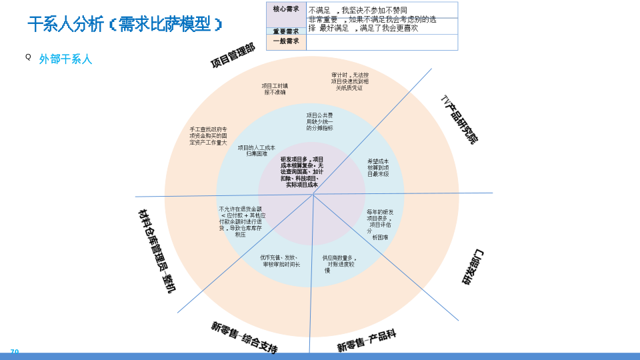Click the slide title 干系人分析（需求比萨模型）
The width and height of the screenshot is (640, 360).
pos(125,25)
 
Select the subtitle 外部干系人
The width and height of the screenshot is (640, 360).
pos(65,59)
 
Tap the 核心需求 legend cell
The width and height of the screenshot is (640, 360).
pos(286,9)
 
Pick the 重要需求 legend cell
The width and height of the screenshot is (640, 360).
pos(286,31)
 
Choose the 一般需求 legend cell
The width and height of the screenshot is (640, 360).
pos(286,41)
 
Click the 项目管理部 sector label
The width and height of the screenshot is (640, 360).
pos(233,56)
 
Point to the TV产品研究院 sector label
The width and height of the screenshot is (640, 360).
pos(459,119)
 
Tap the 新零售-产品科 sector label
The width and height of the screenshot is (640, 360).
pos(366,341)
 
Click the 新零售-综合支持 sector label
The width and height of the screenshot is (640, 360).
pos(244,337)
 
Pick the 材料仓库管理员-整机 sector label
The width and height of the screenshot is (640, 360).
pos(157,251)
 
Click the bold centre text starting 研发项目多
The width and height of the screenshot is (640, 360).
pos(302,172)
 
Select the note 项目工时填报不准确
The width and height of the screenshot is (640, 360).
pos(275,89)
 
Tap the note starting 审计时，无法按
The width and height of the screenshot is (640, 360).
pos(350,81)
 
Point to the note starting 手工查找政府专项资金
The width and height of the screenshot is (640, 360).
pos(208,136)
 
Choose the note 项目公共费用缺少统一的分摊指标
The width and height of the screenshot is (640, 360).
pos(319,121)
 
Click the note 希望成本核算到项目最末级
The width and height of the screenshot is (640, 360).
pos(378,167)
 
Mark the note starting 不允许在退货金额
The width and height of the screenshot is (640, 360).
pos(241,221)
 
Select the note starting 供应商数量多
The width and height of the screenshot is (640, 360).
pos(339,263)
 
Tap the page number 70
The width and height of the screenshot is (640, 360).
pos(15,352)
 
